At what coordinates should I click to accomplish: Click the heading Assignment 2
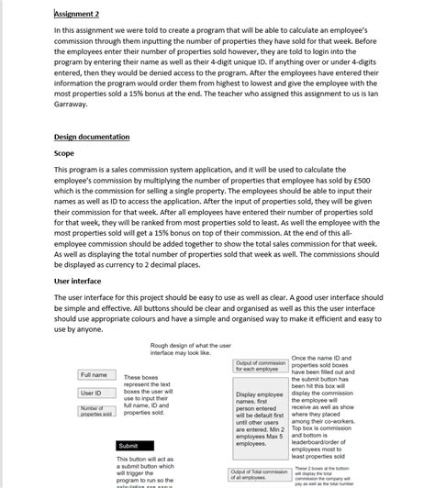coord(76,14)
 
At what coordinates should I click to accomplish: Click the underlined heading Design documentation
coord(92,137)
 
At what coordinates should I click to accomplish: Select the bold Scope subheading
coord(64,153)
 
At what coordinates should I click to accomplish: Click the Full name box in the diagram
coord(95,375)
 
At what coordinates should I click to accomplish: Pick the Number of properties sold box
coord(95,411)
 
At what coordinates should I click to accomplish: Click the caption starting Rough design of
coord(193,349)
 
